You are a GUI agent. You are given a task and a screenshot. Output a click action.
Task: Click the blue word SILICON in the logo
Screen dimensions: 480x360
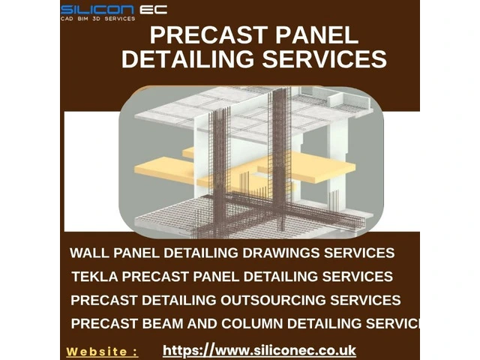[x=97, y=10]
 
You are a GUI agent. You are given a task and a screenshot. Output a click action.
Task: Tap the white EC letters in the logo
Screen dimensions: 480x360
[x=154, y=10]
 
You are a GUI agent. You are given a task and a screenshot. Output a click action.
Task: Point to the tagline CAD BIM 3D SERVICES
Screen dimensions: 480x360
[x=98, y=19]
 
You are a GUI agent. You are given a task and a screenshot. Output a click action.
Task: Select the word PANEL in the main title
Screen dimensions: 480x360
[x=316, y=35]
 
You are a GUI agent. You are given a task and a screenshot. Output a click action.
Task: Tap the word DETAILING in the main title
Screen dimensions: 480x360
[x=188, y=58]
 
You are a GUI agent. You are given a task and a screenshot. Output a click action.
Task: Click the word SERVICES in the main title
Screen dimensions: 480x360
[x=325, y=58]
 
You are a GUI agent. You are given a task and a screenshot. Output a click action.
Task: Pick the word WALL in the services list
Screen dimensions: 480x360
[x=90, y=253]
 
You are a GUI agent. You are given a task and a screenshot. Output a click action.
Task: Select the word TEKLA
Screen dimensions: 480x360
[x=95, y=277]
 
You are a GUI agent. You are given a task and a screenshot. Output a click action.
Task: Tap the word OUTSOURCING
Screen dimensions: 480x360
[x=273, y=300]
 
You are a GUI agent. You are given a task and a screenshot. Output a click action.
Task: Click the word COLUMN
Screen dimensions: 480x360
[x=252, y=323]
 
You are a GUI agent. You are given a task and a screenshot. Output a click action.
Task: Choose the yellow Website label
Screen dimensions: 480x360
[x=102, y=352]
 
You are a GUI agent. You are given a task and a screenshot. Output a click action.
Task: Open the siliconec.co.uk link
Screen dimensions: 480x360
[x=259, y=350]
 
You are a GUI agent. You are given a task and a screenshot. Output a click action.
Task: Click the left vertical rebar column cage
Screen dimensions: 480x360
[x=219, y=172]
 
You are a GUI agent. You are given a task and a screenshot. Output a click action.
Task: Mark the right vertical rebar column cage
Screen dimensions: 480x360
[x=280, y=159]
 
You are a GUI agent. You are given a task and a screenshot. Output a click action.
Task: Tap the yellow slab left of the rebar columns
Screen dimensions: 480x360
[x=165, y=168]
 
